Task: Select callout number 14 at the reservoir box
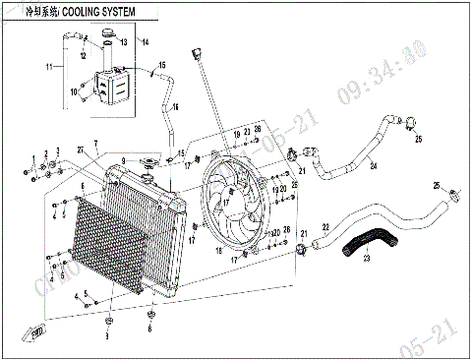coord(145,42)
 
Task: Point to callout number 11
coord(48,68)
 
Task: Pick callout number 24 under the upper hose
coord(373,164)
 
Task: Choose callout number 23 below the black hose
coord(367,259)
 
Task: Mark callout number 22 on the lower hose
coord(325,228)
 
